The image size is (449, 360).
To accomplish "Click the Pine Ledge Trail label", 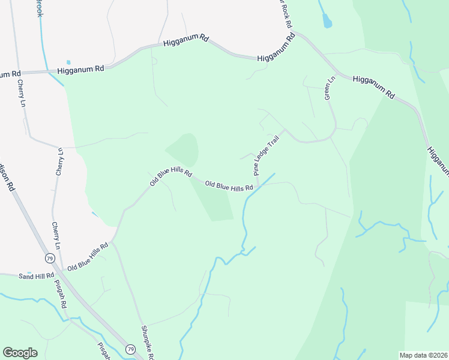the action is tap(267, 155).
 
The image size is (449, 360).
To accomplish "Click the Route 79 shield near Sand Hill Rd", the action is tap(49, 257).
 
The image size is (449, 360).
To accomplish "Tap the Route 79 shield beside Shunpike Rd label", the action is tap(130, 349).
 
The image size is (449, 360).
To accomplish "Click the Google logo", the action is tap(20, 353).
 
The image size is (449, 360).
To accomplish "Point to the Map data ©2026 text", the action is tap(423, 355).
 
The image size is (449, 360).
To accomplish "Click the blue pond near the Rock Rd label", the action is tap(327, 22).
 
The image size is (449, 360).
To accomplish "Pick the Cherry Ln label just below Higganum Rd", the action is tap(22, 94).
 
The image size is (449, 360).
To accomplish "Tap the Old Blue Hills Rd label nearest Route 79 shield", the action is tap(88, 257).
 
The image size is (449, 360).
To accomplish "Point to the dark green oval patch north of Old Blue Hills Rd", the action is tap(184, 149).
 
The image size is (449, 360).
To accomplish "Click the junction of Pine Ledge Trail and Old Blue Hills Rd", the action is tap(258, 185).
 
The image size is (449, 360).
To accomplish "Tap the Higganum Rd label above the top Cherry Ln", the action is tap(81, 70).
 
